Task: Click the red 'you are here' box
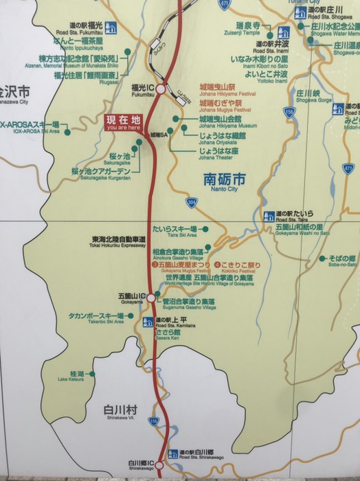click(124, 122)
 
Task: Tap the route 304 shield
click(191, 203)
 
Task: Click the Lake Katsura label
click(77, 376)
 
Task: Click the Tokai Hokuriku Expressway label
click(118, 242)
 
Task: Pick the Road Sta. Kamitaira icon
click(148, 322)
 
